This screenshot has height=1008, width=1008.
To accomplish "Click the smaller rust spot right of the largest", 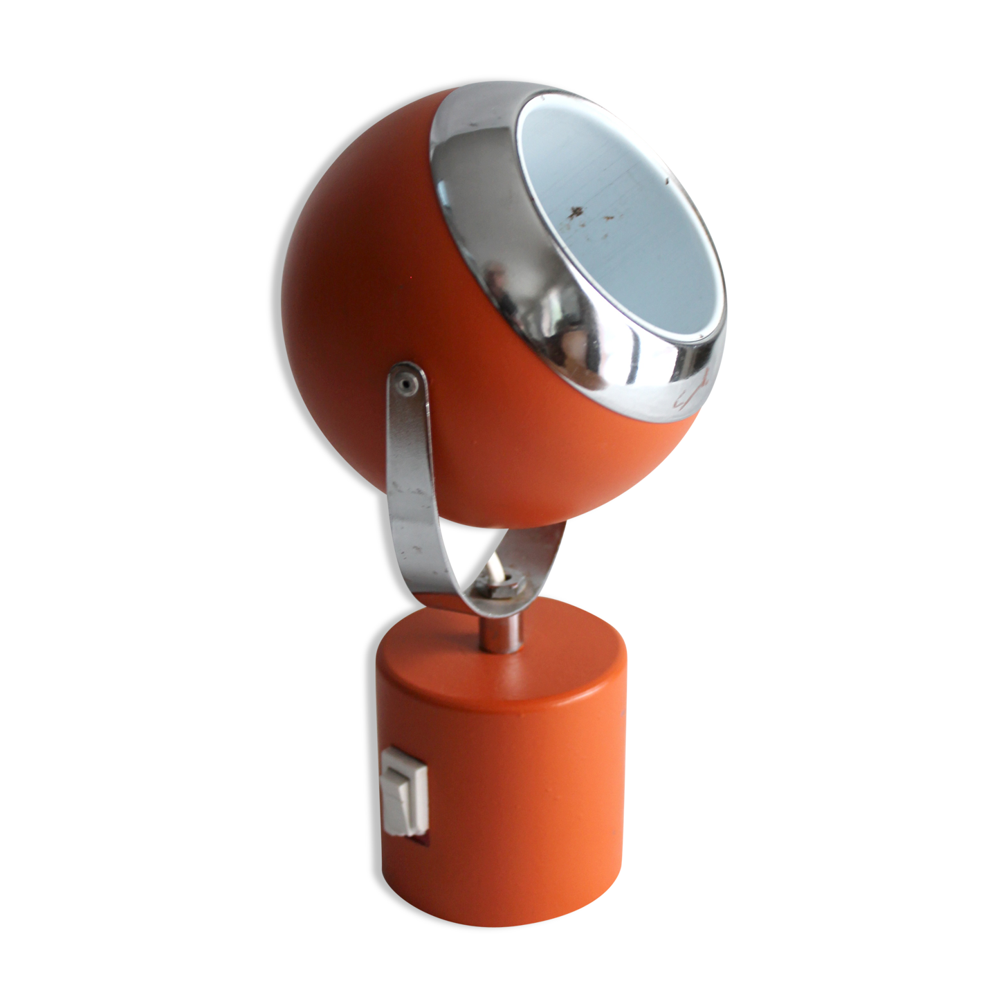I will (608, 217).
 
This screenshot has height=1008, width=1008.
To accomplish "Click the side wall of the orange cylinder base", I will (526, 796).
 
